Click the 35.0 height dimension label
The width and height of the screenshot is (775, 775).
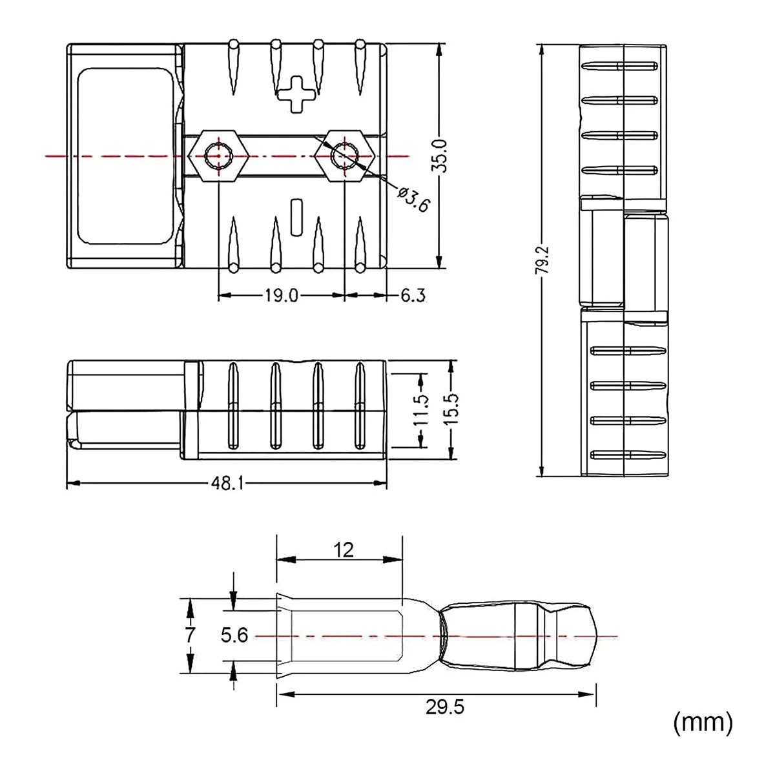pyautogui.click(x=441, y=156)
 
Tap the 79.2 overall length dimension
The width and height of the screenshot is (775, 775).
pyautogui.click(x=542, y=260)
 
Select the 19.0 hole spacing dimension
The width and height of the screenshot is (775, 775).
pyautogui.click(x=281, y=296)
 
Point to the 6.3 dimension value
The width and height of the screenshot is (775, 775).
pyautogui.click(x=413, y=296)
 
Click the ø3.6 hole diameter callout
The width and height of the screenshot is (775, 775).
pyautogui.click(x=413, y=199)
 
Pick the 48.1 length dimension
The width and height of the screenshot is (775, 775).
pyautogui.click(x=227, y=484)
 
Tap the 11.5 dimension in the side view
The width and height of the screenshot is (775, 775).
pyautogui.click(x=421, y=409)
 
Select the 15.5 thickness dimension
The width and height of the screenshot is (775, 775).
pyautogui.click(x=453, y=409)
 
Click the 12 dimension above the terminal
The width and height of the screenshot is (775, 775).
pyautogui.click(x=344, y=550)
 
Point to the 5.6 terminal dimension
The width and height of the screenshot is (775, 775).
pyautogui.click(x=234, y=635)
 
